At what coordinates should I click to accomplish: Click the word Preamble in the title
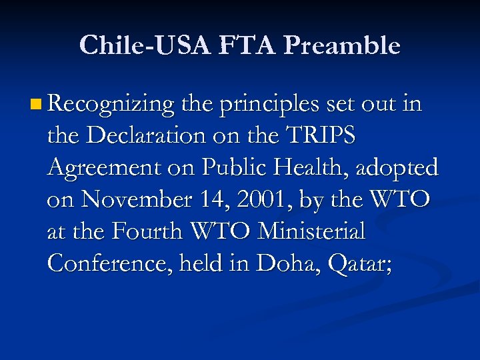click(341, 45)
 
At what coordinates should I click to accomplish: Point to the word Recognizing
click(111, 105)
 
